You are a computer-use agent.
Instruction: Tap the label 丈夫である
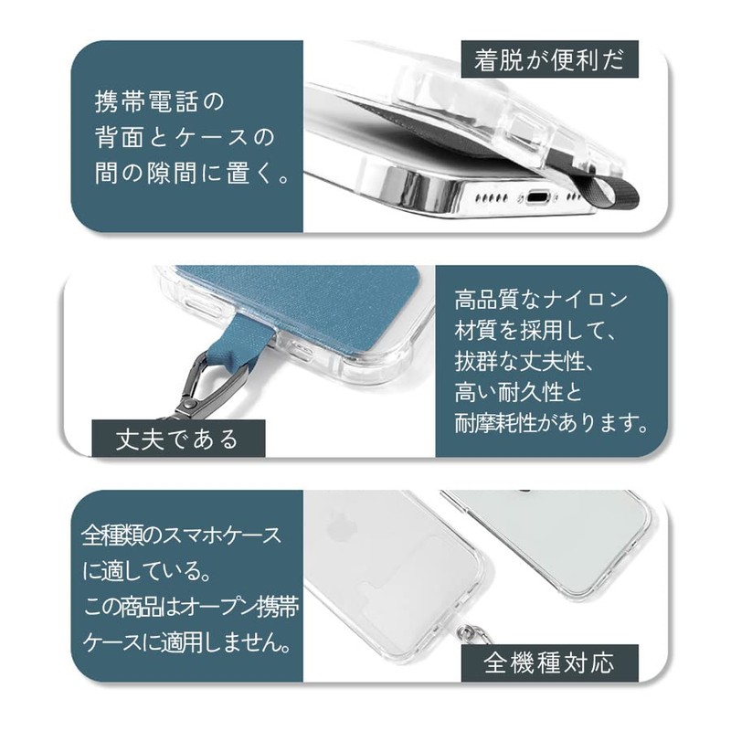tap(178, 438)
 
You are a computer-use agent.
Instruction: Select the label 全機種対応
tap(548, 659)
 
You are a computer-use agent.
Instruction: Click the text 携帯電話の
tap(159, 100)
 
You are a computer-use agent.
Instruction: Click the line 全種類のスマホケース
tap(182, 533)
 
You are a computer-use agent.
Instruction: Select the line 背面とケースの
tap(184, 137)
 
